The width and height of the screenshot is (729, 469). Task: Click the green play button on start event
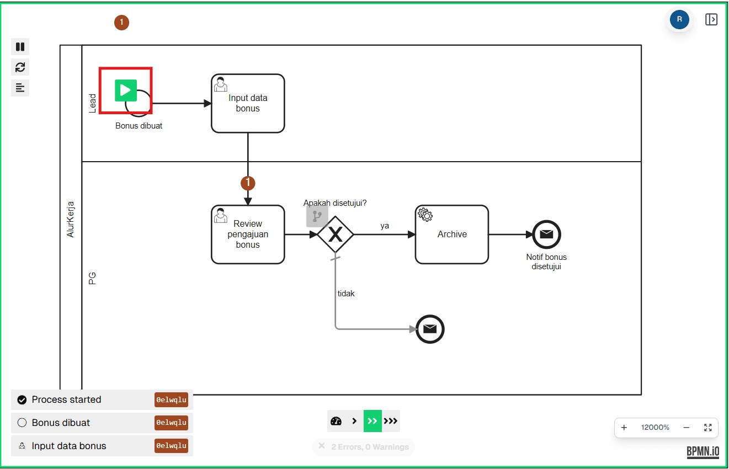tap(126, 90)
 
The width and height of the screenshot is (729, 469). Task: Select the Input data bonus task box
tap(248, 104)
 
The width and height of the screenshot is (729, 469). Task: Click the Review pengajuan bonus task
tap(248, 234)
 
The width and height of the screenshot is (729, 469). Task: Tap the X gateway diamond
tap(336, 234)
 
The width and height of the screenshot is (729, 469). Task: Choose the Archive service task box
tap(452, 234)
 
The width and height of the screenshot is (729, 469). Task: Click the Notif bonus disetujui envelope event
tap(546, 234)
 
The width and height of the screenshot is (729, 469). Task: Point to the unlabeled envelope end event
tap(430, 329)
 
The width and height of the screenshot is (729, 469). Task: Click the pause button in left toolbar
tap(20, 47)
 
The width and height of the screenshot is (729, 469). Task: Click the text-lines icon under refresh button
tap(20, 88)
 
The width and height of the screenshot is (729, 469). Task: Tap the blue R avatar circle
tap(679, 19)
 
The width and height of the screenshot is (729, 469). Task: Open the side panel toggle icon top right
tap(711, 19)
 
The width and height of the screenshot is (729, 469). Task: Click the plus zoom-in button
tap(624, 428)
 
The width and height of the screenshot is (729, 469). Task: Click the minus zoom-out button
tap(687, 428)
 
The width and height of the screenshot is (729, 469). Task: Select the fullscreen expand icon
tap(708, 428)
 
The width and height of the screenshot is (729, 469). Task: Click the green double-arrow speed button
tap(373, 421)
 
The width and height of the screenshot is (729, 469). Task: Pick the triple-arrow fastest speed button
tap(391, 421)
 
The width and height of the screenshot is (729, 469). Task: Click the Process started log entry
tap(66, 399)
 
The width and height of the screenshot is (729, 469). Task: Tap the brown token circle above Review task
tap(248, 183)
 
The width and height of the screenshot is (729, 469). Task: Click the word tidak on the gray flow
tap(346, 294)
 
